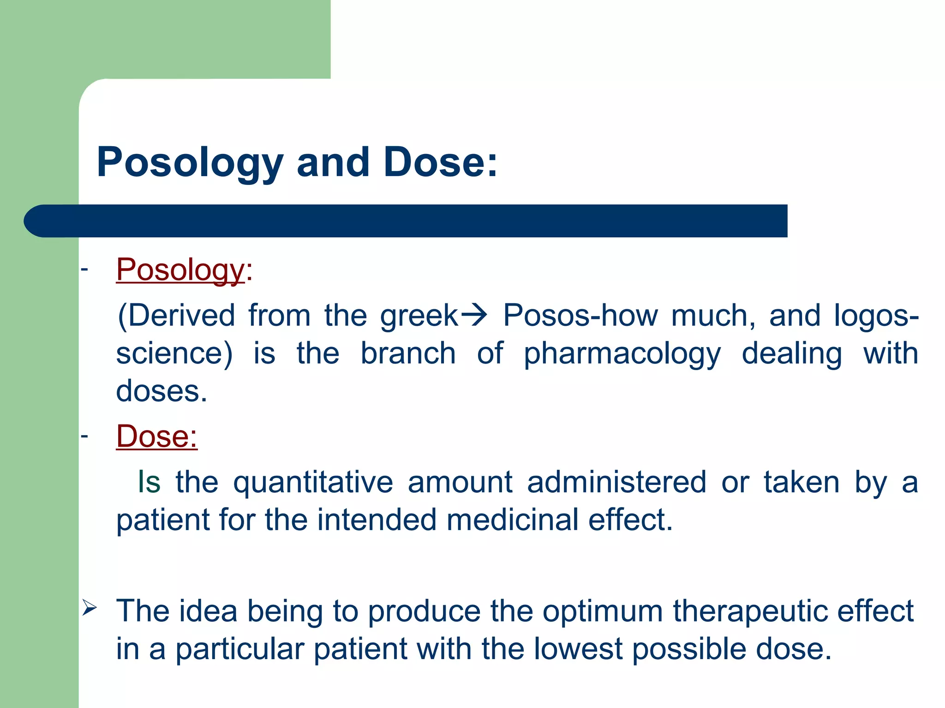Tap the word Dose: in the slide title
[441, 162]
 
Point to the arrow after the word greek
[474, 316]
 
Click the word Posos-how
[580, 316]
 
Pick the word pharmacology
[622, 354]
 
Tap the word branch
[408, 354]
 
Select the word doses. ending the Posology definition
[161, 391]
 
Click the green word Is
[149, 482]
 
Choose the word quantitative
[313, 483]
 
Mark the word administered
[616, 482]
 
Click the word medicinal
[512, 520]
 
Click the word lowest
[579, 649]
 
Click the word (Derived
[176, 316]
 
